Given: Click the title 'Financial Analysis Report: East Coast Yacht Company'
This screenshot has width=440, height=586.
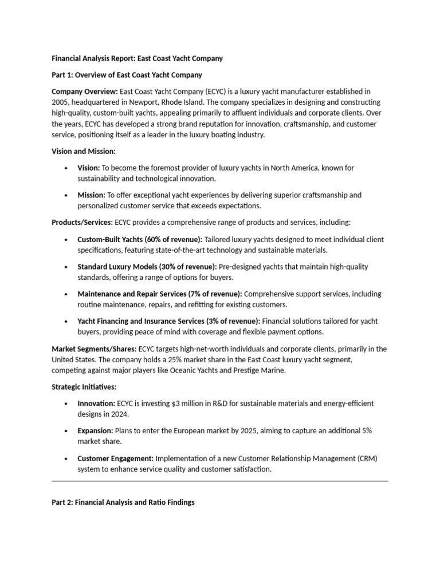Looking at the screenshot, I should pyautogui.click(x=137, y=58).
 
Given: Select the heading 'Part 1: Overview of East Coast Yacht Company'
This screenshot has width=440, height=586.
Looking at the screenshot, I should pyautogui.click(x=127, y=74).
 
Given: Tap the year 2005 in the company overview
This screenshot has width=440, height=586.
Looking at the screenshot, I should pyautogui.click(x=61, y=102).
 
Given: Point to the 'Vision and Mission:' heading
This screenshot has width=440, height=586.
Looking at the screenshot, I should pyautogui.click(x=83, y=151).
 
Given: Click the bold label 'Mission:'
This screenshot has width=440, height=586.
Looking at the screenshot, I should pyautogui.click(x=91, y=195).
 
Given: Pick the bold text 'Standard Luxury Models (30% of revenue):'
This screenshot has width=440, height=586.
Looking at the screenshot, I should pyautogui.click(x=147, y=267).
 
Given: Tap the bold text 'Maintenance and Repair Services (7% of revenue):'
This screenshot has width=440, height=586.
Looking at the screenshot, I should pyautogui.click(x=159, y=294).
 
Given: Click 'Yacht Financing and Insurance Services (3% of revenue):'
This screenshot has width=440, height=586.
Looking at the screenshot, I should pyautogui.click(x=168, y=321).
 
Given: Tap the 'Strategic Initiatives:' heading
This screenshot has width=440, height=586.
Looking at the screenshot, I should pyautogui.click(x=84, y=387).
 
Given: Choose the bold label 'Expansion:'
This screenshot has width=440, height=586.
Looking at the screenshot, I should pyautogui.click(x=95, y=430).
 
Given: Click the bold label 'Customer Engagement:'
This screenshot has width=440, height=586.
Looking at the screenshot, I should pyautogui.click(x=115, y=458).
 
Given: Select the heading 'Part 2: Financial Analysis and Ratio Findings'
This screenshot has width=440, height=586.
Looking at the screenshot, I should pyautogui.click(x=123, y=502).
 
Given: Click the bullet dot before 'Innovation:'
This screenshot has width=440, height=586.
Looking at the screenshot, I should pyautogui.click(x=67, y=403).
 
